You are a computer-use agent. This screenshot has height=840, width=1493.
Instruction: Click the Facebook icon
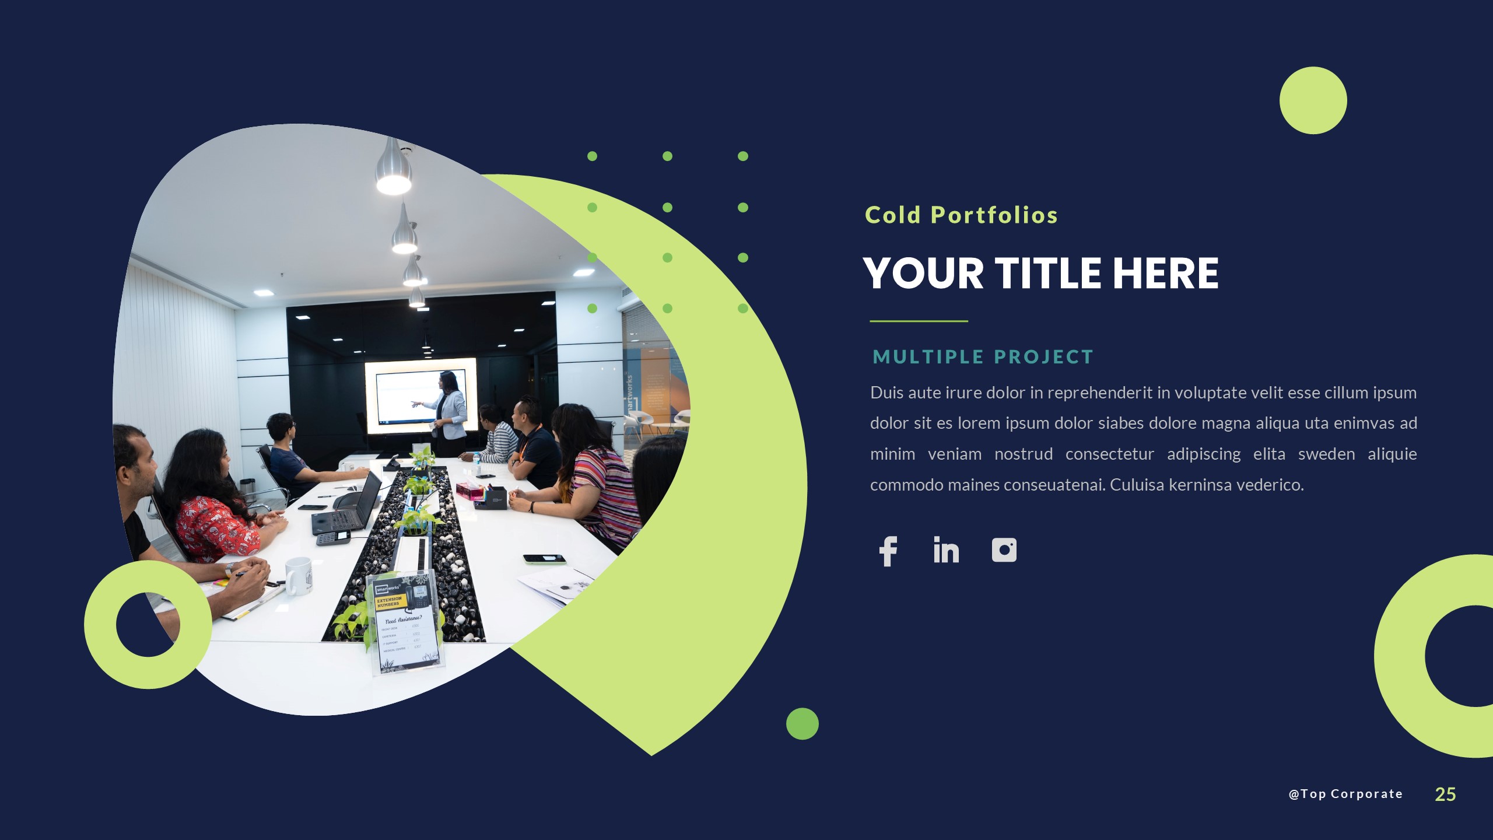888,551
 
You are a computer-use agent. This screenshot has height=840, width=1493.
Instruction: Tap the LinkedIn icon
946,550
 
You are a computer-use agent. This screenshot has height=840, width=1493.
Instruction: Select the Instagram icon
1004,550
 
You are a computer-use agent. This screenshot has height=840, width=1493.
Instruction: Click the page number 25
1445,794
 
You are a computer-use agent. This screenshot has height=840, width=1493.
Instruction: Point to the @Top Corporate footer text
1345,794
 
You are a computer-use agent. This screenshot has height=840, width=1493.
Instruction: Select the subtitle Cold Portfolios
961,215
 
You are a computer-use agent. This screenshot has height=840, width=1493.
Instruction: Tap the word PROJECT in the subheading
1043,357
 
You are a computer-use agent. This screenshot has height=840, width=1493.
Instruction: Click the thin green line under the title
919,321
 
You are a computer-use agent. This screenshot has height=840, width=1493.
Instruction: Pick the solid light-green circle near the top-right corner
1313,100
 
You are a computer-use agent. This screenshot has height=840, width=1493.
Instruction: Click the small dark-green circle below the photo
802,724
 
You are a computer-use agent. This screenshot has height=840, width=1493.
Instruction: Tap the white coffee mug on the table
298,575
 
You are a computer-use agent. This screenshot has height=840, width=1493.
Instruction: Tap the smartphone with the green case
544,559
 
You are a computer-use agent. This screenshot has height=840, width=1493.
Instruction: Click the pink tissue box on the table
470,490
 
